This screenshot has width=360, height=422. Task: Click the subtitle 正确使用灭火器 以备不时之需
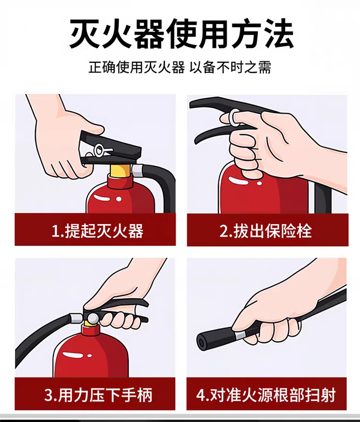pos(180,67)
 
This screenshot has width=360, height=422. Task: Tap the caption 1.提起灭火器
pos(97,231)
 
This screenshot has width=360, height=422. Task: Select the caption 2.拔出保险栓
pos(266,231)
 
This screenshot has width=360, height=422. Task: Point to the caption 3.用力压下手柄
pos(98,395)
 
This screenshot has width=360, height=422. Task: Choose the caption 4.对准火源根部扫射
pos(266,395)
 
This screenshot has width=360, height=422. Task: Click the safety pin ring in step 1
pos(98,150)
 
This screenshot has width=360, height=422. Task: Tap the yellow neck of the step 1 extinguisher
pos(120,170)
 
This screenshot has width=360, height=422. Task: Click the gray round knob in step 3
pos(93,318)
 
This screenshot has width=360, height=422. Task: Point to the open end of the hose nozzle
pos(202,342)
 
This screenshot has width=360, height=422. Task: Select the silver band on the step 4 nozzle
pos(240,334)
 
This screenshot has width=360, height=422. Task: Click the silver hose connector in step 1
pos(137,171)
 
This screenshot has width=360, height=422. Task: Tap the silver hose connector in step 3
pos(76,318)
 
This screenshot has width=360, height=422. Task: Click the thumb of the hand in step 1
pos(92,129)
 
